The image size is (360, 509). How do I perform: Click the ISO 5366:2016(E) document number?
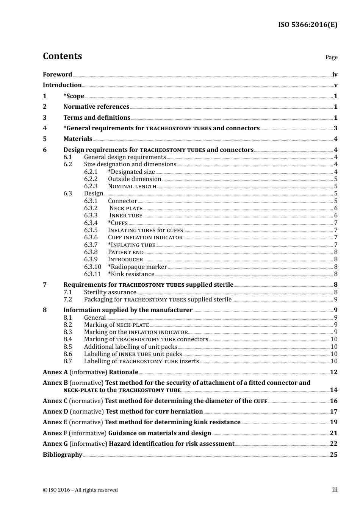[307, 25]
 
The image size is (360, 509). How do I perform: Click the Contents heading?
[62, 56]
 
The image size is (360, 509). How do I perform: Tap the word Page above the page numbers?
[331, 57]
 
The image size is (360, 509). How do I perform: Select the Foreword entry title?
[57, 75]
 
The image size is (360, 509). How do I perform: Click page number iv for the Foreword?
[335, 75]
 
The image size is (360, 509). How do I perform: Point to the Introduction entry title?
[62, 85]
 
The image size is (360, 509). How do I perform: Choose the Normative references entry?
[96, 107]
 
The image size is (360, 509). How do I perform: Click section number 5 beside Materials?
[45, 139]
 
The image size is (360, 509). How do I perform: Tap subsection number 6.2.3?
[91, 186]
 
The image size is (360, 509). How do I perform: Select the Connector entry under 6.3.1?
[122, 201]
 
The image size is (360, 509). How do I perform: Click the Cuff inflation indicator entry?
[145, 237]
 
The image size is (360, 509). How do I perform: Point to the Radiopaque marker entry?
[137, 267]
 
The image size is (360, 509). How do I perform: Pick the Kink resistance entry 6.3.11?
[131, 274]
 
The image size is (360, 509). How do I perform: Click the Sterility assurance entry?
[110, 292]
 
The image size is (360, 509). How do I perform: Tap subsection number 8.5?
[67, 347]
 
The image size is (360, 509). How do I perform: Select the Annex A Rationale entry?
[90, 372]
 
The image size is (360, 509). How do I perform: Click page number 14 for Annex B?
[333, 390]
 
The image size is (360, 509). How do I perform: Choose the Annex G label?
[55, 444]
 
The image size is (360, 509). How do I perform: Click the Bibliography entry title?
[63, 455]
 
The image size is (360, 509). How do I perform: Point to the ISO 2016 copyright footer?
[80, 490]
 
